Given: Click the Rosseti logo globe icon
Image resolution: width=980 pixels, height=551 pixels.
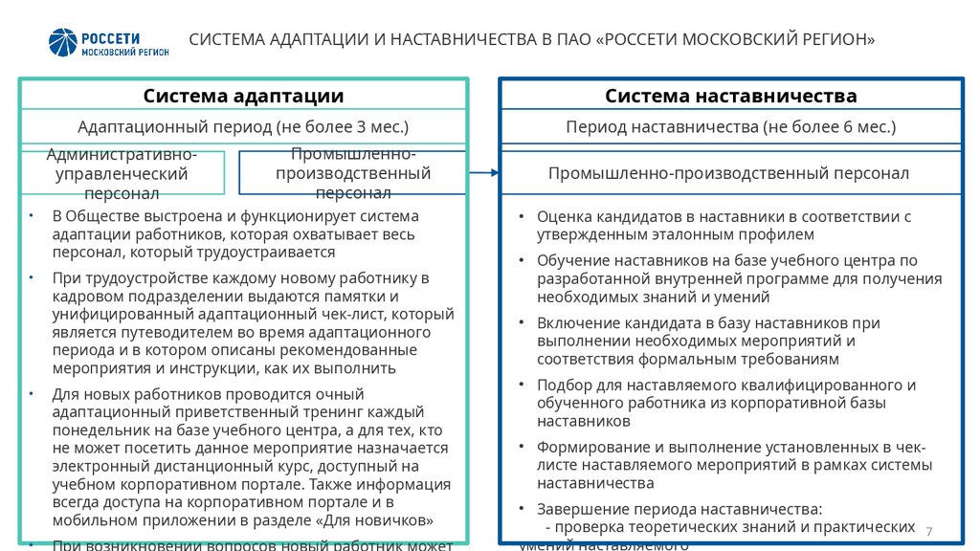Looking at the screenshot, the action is tap(64, 42).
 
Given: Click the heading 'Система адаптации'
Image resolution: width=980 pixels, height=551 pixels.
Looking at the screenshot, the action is tap(243, 96).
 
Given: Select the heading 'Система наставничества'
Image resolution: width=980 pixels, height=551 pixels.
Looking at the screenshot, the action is tap(730, 96).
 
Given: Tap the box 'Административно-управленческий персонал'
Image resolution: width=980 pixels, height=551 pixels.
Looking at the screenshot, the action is tap(122, 173).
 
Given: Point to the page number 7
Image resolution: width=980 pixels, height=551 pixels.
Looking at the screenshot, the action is tap(929, 531).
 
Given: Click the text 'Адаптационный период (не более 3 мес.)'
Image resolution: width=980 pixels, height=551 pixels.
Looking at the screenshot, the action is tap(243, 126).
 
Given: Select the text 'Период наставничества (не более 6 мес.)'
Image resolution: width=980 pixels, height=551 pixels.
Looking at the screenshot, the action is tap(730, 126).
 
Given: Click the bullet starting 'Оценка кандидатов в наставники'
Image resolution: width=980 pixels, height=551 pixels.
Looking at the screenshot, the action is tap(724, 225).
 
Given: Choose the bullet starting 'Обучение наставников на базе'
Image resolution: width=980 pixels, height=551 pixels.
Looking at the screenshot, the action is tap(739, 278).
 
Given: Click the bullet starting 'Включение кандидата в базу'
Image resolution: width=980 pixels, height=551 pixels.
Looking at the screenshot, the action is tap(708, 342).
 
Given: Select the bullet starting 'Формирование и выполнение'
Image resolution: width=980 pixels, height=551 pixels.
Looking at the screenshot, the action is tap(733, 465).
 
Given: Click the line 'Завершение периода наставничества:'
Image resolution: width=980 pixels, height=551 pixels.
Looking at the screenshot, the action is tap(679, 509).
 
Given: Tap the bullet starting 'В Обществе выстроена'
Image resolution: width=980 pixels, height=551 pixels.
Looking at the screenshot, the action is tap(235, 234).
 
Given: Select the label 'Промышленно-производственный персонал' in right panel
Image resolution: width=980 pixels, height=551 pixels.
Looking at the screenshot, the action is tap(728, 173).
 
